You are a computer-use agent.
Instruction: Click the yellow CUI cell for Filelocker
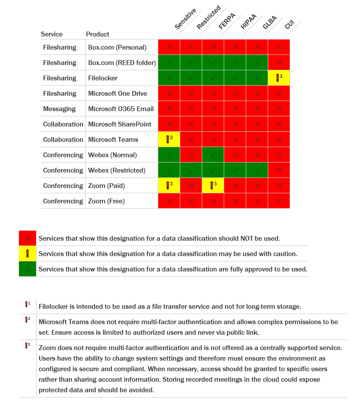[279, 78]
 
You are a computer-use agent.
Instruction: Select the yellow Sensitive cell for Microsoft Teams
[169, 139]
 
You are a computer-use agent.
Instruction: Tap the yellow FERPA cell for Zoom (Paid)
[213, 185]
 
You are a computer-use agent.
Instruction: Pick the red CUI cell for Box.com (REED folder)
[279, 62]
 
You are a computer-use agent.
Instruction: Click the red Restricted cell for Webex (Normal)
[191, 155]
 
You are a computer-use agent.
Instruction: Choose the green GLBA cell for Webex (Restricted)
[257, 170]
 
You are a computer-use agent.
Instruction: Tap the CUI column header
[289, 25]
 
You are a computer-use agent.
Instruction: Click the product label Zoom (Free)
[106, 201]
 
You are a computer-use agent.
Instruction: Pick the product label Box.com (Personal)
[117, 47]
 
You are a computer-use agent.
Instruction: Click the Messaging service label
[59, 108]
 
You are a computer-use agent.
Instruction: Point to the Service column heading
[51, 34]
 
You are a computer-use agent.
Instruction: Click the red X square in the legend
[27, 238]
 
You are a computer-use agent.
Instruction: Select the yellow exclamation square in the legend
[27, 253]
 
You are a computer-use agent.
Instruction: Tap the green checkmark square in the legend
[27, 269]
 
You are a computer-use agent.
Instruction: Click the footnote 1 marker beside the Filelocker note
[27, 304]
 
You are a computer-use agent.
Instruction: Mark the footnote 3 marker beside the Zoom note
[27, 346]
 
